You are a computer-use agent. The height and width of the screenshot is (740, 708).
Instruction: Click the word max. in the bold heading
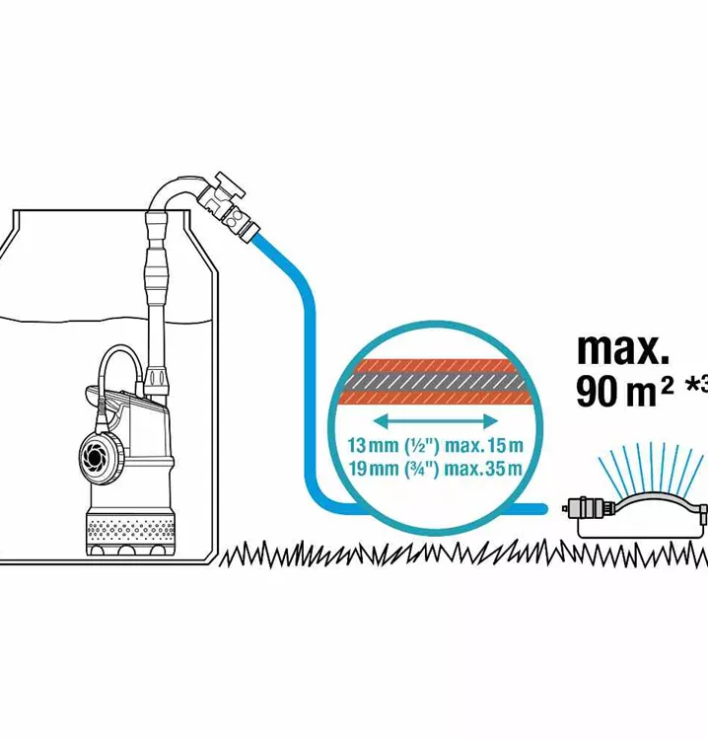tap(623, 349)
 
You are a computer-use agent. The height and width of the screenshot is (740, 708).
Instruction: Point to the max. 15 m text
tap(484, 445)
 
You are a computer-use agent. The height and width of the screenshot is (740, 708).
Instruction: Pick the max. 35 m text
tap(484, 469)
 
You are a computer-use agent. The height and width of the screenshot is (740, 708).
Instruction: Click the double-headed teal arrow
tap(436, 421)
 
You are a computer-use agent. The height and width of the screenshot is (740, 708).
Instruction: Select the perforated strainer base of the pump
tap(130, 530)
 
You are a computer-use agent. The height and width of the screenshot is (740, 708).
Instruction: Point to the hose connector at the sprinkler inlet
tap(585, 510)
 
